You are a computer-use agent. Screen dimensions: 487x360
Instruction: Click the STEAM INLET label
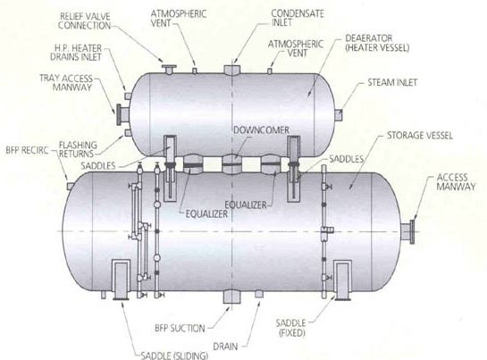[392, 82]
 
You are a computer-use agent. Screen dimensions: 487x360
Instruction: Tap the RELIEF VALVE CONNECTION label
[84, 21]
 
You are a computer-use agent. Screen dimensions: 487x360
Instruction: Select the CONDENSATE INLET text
[298, 18]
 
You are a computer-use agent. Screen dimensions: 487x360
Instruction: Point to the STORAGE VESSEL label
[420, 136]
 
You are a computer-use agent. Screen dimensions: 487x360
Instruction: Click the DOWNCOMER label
[261, 130]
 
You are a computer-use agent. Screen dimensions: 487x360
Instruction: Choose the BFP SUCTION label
[180, 329]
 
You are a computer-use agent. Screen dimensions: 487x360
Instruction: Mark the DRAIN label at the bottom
[225, 347]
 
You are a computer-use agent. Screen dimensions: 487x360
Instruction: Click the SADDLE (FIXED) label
[291, 328]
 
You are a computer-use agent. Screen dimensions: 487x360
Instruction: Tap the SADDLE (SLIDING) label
[174, 356]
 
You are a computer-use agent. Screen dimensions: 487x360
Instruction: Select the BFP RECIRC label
[28, 150]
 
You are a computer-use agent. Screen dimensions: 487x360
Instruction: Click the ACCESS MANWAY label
[456, 182]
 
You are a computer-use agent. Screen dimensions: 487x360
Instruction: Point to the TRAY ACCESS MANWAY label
[66, 82]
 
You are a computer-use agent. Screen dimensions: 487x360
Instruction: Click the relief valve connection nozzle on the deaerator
[169, 70]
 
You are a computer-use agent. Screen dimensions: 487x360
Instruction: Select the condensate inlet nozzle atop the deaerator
[231, 71]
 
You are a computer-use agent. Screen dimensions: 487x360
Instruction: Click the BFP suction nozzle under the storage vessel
[231, 297]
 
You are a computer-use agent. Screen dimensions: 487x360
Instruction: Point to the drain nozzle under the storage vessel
[259, 294]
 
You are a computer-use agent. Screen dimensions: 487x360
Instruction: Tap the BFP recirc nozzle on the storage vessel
[71, 186]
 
